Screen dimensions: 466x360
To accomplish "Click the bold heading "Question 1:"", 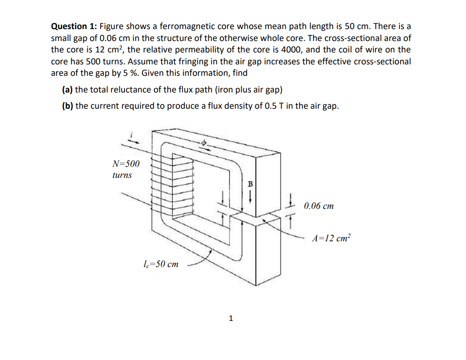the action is click(x=73, y=27).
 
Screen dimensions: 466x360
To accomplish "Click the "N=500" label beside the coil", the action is click(x=126, y=164).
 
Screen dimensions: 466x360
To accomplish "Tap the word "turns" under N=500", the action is click(x=122, y=175).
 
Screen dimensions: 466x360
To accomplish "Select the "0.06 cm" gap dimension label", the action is click(x=318, y=206).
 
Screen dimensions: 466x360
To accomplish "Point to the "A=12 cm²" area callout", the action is click(x=331, y=238).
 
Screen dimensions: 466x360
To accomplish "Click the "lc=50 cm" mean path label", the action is click(x=161, y=264).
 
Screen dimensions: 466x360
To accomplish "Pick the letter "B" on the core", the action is click(x=248, y=184).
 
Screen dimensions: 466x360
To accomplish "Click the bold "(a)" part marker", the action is click(x=68, y=90).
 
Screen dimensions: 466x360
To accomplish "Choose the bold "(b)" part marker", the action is click(x=68, y=106).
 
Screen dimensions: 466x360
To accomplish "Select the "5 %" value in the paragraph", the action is click(x=125, y=73).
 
